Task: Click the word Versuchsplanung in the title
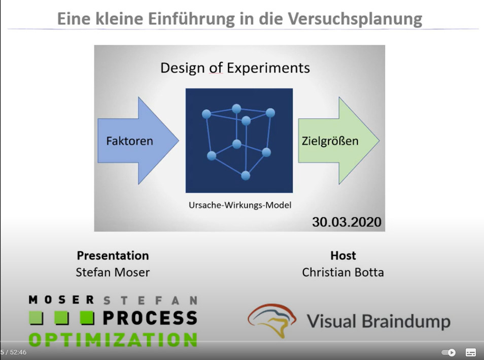tap(355, 19)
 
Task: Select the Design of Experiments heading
tap(235, 68)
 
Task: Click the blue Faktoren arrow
tap(139, 141)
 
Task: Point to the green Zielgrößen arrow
tap(338, 141)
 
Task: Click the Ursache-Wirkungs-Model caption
tap(240, 205)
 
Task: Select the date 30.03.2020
tap(347, 222)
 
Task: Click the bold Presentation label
tap(113, 255)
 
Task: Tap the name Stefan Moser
tap(113, 272)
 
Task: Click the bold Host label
tap(343, 255)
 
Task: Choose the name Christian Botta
tap(343, 272)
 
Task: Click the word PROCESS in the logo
tap(150, 318)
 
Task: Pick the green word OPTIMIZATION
tap(113, 340)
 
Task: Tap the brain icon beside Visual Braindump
tap(272, 320)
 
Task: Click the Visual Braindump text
tap(379, 321)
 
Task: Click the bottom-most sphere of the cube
tap(246, 176)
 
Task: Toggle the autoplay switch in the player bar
tap(448, 352)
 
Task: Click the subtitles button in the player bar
tap(471, 352)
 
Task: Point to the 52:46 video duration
tap(18, 352)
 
